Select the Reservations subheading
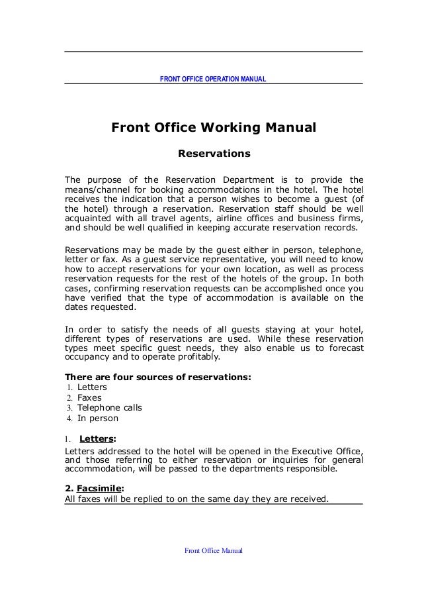(x=213, y=155)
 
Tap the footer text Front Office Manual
(x=214, y=550)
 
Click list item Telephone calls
(x=110, y=408)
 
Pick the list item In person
(x=98, y=419)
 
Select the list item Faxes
(x=90, y=397)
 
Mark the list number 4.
(x=69, y=419)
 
